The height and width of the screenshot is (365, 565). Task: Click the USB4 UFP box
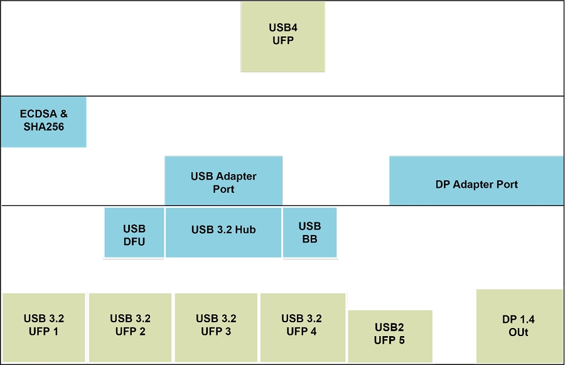[282, 36]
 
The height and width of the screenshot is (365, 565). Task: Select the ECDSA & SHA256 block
[43, 122]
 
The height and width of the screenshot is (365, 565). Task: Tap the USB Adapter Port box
[223, 181]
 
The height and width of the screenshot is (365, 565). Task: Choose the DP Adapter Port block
[476, 181]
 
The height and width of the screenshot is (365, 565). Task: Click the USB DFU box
[134, 232]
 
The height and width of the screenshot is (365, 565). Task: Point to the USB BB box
[309, 232]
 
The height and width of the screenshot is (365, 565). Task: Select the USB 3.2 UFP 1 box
[43, 327]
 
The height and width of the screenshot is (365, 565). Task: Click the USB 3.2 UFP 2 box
[130, 327]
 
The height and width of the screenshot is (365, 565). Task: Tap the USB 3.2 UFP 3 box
[216, 327]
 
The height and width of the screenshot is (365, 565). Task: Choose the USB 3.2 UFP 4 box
[302, 327]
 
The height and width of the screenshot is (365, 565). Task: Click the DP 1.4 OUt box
[519, 325]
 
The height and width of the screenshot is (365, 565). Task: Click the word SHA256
[44, 127]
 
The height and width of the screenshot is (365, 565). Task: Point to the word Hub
[245, 230]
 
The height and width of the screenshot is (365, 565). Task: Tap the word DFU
[134, 241]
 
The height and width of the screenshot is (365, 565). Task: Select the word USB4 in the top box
[283, 28]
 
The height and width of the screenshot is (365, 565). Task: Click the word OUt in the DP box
[519, 332]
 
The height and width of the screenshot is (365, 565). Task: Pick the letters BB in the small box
[309, 239]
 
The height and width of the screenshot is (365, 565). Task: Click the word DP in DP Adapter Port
[443, 185]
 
